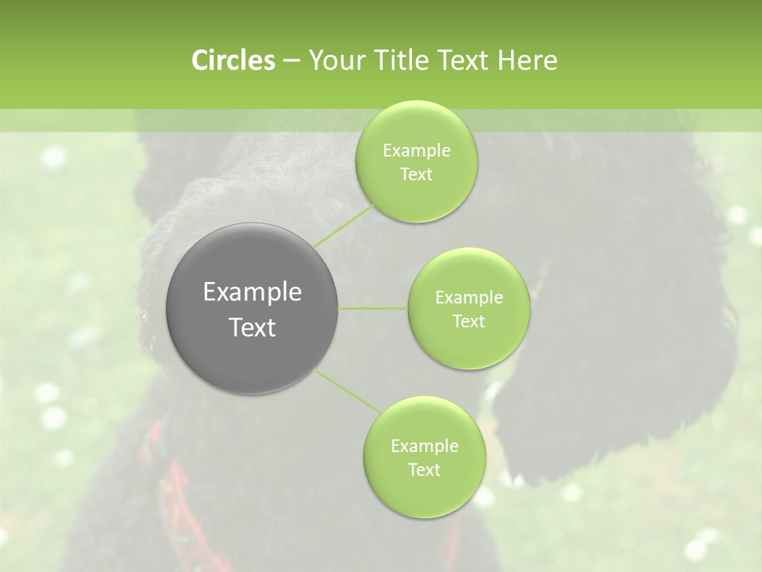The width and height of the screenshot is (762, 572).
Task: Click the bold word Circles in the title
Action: tap(233, 60)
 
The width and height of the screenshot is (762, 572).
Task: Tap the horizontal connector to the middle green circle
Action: tap(372, 308)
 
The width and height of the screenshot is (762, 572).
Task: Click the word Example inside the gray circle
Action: tap(252, 292)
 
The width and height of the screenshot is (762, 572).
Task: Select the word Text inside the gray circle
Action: tap(252, 327)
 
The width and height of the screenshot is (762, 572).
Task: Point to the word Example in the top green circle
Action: tap(417, 151)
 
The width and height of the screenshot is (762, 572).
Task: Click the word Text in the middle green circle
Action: tap(468, 321)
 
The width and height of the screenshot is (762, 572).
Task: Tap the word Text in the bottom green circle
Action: tap(424, 470)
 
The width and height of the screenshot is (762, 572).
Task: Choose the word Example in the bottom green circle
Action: tap(424, 446)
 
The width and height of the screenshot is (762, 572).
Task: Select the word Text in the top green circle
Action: tap(416, 175)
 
